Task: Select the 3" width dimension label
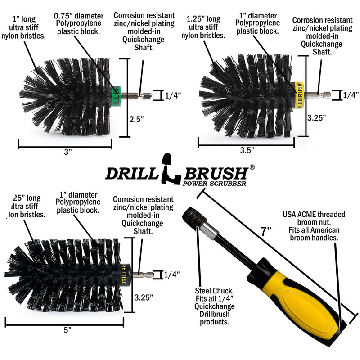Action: pyautogui.click(x=68, y=153)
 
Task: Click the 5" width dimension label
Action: pyautogui.click(x=68, y=330)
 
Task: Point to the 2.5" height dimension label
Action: pyautogui.click(x=137, y=119)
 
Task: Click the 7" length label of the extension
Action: pyautogui.click(x=266, y=232)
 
